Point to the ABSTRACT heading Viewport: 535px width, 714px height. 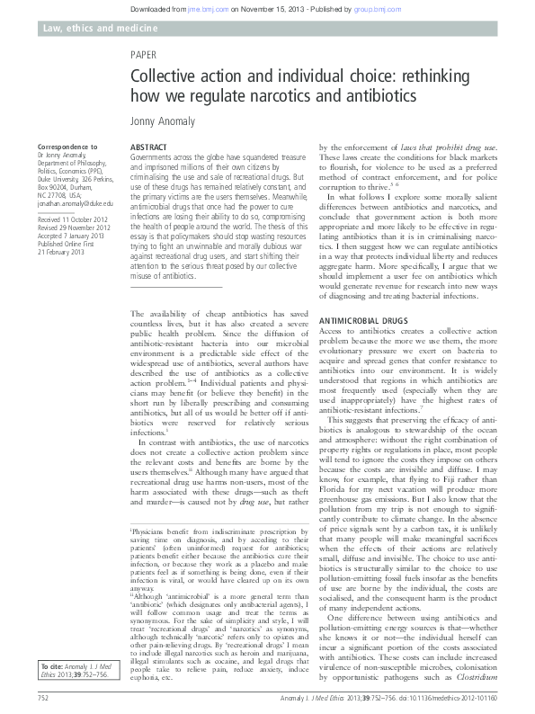(x=148, y=146)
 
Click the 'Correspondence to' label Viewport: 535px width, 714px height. (x=67, y=146)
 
